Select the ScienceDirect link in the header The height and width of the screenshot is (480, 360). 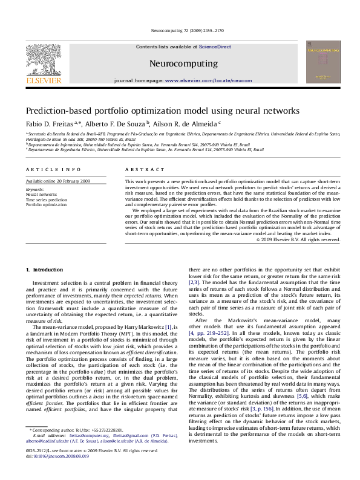click(x=215, y=47)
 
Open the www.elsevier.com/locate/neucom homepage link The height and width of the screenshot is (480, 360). click(x=208, y=80)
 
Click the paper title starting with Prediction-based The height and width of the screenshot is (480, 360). click(x=154, y=111)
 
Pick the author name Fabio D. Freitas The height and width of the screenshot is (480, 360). click(x=50, y=123)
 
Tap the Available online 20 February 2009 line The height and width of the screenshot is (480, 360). click(x=57, y=181)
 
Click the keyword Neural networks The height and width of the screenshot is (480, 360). click(x=41, y=195)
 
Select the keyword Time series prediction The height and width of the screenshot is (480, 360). click(x=46, y=199)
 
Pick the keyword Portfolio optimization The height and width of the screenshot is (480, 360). click(x=46, y=205)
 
